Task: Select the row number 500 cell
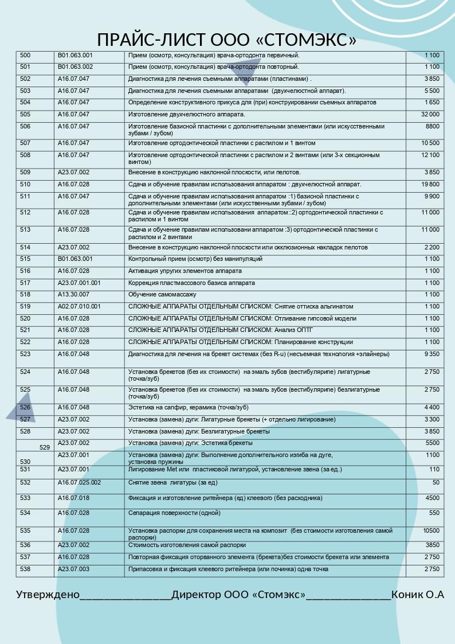[25, 56]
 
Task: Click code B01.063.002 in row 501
[75, 67]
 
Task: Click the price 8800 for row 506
[433, 126]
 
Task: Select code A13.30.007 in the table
[73, 294]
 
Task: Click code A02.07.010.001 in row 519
[79, 306]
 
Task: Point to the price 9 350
[432, 354]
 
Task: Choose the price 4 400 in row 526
[432, 408]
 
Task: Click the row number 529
[45, 447]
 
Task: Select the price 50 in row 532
[436, 483]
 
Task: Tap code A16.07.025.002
[79, 483]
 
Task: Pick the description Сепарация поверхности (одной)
[174, 513]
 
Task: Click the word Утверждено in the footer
[48, 595]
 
